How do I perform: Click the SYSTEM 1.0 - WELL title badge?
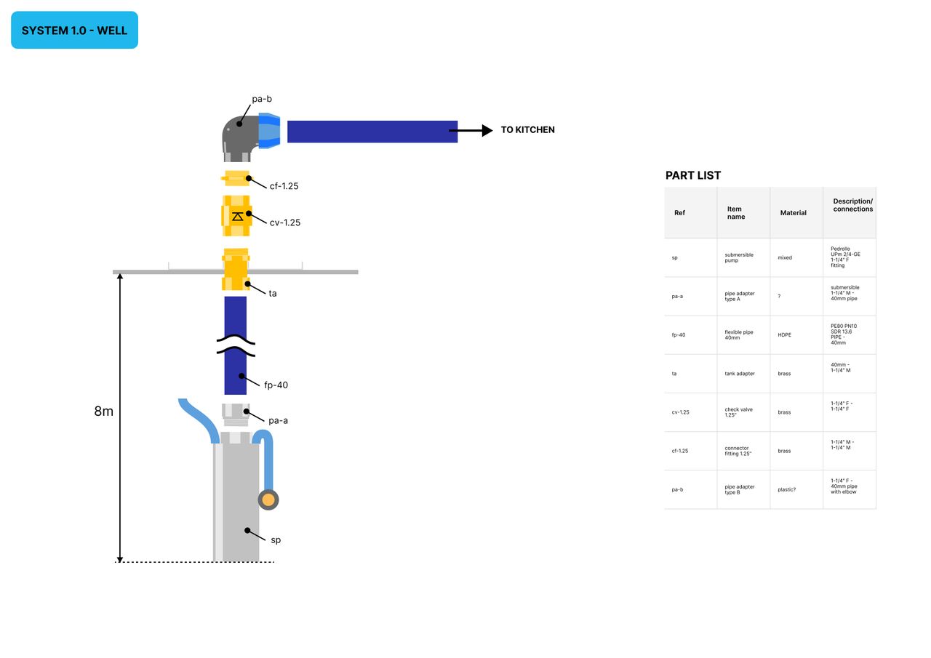(74, 31)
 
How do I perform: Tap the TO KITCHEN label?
(527, 130)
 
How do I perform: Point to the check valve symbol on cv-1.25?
(237, 216)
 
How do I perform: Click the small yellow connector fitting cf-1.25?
(236, 178)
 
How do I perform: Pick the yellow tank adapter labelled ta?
(236, 270)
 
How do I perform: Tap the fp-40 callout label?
(276, 385)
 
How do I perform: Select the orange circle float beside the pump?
(268, 499)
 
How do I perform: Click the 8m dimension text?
(104, 412)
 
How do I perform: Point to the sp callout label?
(276, 540)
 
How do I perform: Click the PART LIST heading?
(692, 175)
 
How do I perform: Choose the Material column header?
(793, 213)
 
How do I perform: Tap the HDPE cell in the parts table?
(785, 335)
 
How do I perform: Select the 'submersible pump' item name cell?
(739, 257)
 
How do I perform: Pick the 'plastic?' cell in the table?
(786, 489)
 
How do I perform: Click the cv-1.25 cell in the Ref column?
(680, 412)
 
